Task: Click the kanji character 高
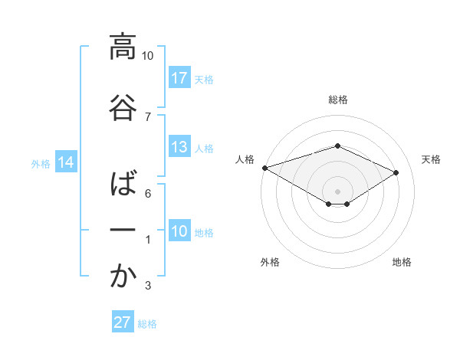123,47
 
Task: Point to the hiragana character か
123,277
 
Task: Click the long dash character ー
123,231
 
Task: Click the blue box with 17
179,78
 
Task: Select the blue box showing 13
179,147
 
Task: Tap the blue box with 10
179,231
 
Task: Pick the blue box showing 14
65,162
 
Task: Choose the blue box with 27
123,322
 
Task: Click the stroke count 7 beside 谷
148,116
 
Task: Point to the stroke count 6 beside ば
148,194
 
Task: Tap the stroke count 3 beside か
148,286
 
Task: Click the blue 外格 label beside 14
41,163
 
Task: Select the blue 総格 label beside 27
147,323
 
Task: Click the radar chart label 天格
432,159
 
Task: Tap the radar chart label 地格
402,262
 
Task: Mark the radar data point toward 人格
264,168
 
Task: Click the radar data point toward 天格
396,173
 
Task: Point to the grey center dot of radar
337,191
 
